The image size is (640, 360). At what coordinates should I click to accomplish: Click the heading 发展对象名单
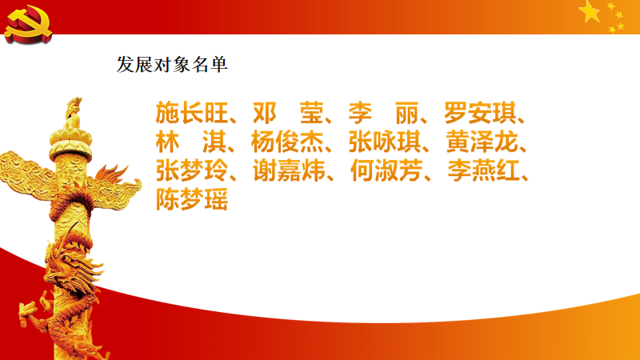(x=173, y=65)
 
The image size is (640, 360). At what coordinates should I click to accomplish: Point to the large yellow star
(x=590, y=11)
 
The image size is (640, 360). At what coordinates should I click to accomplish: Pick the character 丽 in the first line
(x=407, y=113)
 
